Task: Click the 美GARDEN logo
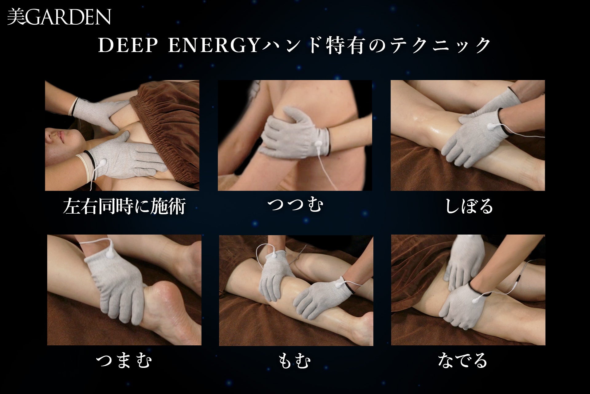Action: pyautogui.click(x=59, y=17)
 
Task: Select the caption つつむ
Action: pyautogui.click(x=295, y=204)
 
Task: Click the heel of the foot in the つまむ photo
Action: pyautogui.click(x=160, y=292)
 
